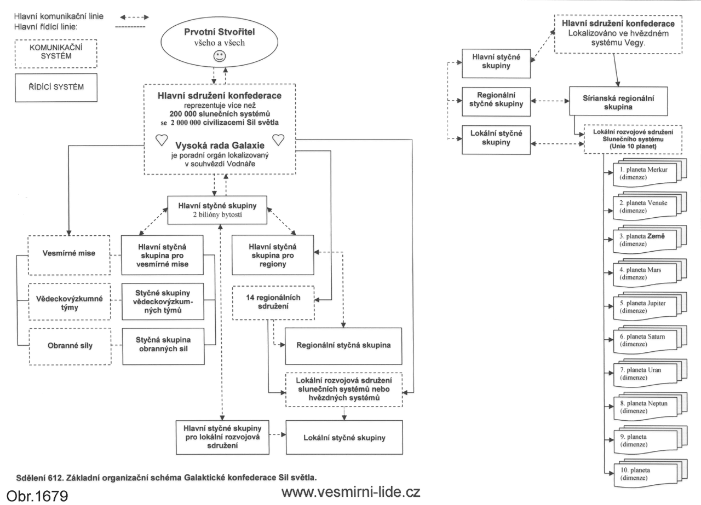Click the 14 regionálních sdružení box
click(x=274, y=303)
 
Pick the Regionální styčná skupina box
click(x=343, y=346)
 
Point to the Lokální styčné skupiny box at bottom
click(x=343, y=438)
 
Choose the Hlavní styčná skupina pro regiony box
click(x=272, y=255)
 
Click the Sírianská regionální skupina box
click(x=618, y=100)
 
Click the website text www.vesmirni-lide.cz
click(x=350, y=492)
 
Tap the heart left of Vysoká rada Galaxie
click(x=162, y=140)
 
